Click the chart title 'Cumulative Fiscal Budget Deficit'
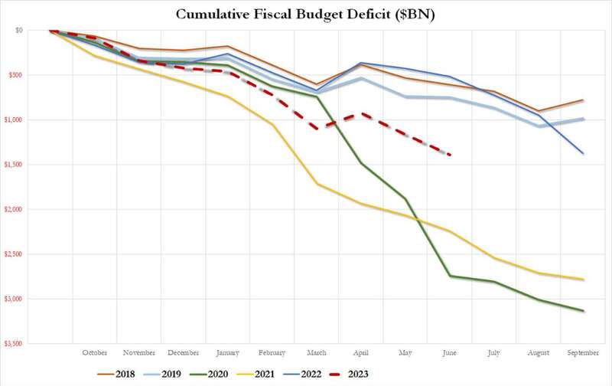pyautogui.click(x=282, y=15)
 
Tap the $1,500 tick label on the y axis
pyautogui.click(x=14, y=165)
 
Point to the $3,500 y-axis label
pyautogui.click(x=14, y=344)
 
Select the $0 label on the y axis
pyautogui.click(x=19, y=30)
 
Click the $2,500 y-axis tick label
pyautogui.click(x=14, y=254)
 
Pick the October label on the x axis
pyautogui.click(x=94, y=353)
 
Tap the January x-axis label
pyautogui.click(x=227, y=353)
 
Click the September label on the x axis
pyautogui.click(x=583, y=353)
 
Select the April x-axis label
pyautogui.click(x=360, y=353)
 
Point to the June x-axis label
pyautogui.click(x=449, y=353)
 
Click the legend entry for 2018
pyautogui.click(x=116, y=375)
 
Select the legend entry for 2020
pyautogui.click(x=208, y=375)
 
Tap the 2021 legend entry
pyautogui.click(x=256, y=375)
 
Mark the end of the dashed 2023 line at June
pyautogui.click(x=450, y=155)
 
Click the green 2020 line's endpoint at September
pyautogui.click(x=583, y=311)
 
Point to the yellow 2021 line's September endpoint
pyautogui.click(x=583, y=280)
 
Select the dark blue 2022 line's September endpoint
pyautogui.click(x=583, y=153)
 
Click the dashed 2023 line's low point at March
pyautogui.click(x=317, y=128)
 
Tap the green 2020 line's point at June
pyautogui.click(x=450, y=276)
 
